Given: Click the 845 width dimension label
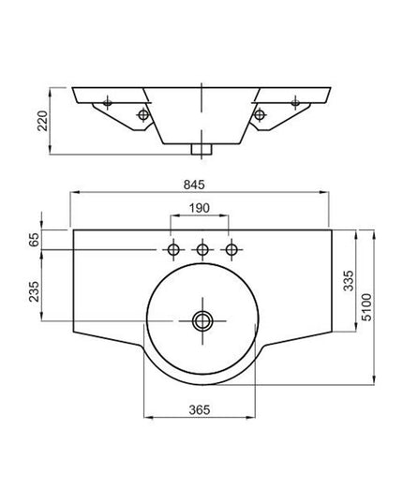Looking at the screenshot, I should [200, 184].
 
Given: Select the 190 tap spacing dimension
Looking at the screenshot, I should [200, 207].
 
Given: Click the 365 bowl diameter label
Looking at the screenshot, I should [200, 409].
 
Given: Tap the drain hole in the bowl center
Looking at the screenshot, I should [201, 321].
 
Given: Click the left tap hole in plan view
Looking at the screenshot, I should [172, 250].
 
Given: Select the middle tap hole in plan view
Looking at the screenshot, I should [201, 250].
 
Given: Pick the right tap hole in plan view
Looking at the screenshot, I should [230, 250].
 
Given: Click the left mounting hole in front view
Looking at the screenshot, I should [143, 114].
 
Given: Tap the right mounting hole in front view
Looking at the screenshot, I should [258, 114].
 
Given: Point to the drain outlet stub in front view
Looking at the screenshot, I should [201, 148].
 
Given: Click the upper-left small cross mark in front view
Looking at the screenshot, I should [109, 99].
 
